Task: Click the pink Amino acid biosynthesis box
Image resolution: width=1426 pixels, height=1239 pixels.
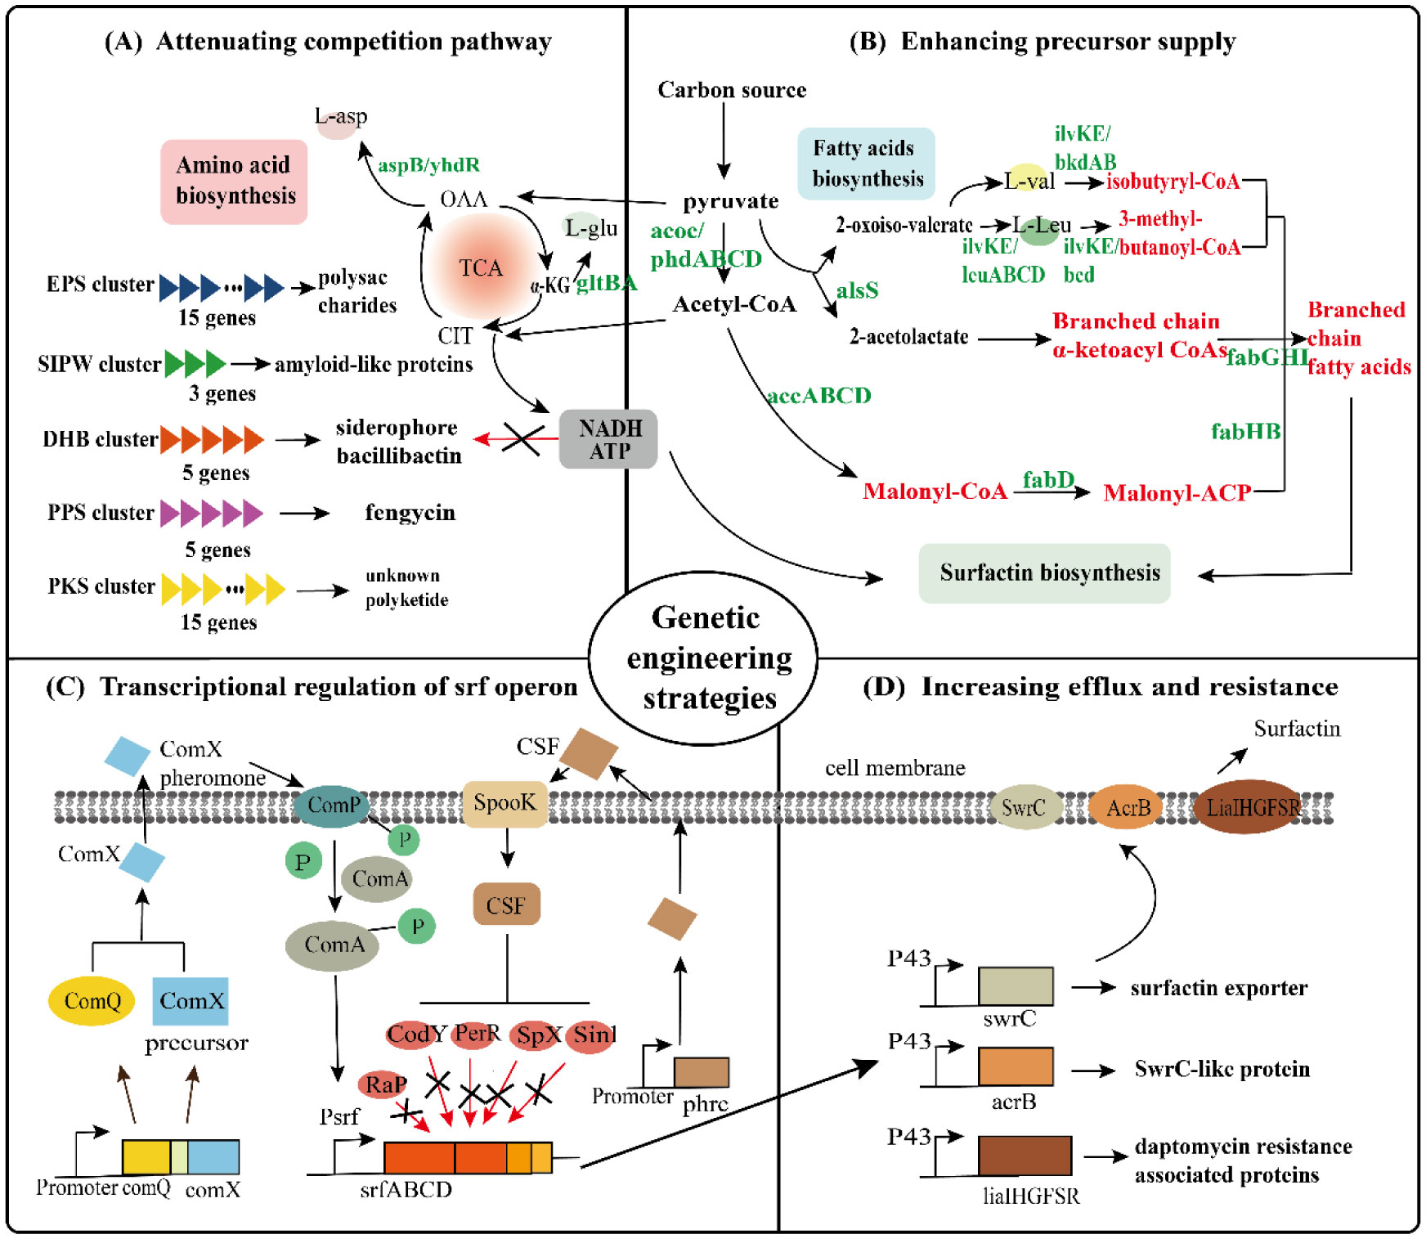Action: (234, 181)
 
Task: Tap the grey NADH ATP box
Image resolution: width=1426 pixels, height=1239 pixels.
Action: (608, 439)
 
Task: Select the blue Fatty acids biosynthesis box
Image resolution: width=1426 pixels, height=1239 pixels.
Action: (866, 164)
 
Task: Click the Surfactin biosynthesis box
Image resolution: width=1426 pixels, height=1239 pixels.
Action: (1044, 573)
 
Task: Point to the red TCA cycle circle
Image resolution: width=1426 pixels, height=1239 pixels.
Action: (481, 267)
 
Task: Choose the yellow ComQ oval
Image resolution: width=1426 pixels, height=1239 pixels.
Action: (92, 1001)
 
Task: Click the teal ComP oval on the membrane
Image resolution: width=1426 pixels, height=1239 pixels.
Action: (332, 806)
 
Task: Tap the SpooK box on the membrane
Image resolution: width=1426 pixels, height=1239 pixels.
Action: (504, 803)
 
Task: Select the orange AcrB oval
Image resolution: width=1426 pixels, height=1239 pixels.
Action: (1127, 807)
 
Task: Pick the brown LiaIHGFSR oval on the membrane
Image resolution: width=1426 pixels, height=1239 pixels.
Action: (1251, 807)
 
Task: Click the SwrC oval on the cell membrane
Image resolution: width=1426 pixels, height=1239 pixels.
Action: (1024, 807)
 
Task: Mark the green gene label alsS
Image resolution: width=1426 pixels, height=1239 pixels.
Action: (857, 290)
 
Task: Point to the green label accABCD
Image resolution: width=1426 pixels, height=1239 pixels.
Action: (819, 396)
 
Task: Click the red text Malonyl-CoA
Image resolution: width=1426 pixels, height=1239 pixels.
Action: (935, 492)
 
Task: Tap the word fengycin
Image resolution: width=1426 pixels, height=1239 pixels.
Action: (410, 513)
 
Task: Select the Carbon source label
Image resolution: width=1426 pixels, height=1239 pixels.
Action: (732, 90)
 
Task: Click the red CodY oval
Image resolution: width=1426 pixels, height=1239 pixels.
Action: (415, 1035)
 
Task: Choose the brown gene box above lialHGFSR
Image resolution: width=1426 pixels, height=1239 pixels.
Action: (1025, 1156)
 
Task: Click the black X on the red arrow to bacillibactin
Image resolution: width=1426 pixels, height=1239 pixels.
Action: (522, 439)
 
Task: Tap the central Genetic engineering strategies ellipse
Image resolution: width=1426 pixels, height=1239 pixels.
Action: (704, 658)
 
